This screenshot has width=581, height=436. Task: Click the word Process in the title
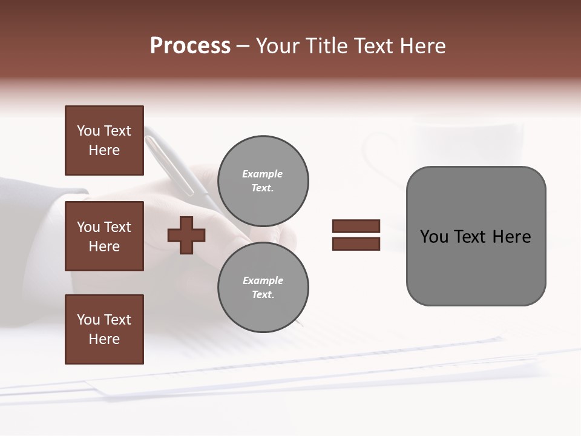(x=190, y=46)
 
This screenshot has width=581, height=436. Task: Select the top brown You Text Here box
(x=104, y=140)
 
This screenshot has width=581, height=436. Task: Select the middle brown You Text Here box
(x=104, y=236)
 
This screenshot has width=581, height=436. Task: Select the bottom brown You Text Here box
(x=104, y=329)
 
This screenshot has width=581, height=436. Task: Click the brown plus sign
(x=186, y=234)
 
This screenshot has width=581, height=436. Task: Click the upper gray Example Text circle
(x=263, y=180)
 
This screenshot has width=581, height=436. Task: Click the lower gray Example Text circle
(x=263, y=287)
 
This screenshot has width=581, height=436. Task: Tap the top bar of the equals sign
(x=356, y=226)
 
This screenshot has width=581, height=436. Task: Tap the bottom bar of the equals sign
(x=356, y=243)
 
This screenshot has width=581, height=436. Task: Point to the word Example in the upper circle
(x=262, y=174)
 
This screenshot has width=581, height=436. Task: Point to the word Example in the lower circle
(x=263, y=280)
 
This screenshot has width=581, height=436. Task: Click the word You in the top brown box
(x=88, y=131)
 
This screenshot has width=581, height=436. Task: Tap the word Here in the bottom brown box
(x=104, y=339)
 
